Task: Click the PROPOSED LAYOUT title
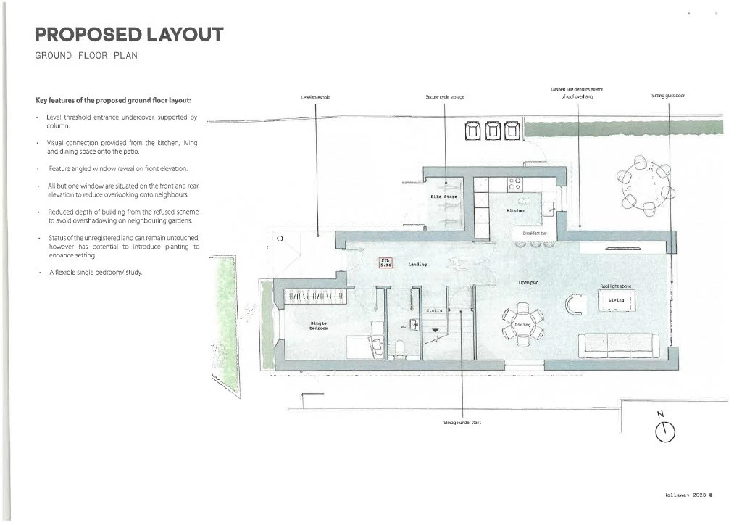[x=129, y=34]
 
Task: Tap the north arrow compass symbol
[x=664, y=431]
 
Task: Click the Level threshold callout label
[x=316, y=96]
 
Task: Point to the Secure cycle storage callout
[x=445, y=96]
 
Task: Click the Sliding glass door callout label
[x=667, y=95]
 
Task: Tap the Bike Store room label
[x=444, y=197]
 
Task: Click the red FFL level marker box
[x=385, y=263]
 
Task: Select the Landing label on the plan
[x=417, y=265]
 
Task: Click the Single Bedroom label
[x=319, y=326]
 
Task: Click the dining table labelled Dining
[x=522, y=325]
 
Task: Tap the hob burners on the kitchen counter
[x=514, y=184]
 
